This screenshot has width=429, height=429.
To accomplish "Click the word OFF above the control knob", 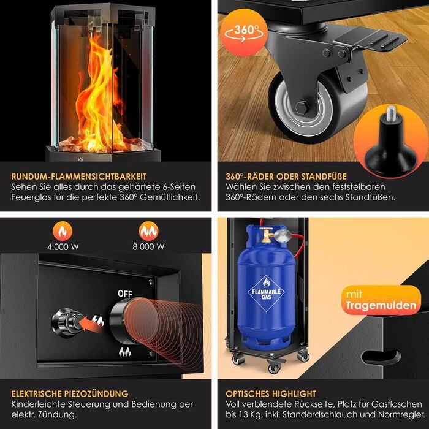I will coord(125,294).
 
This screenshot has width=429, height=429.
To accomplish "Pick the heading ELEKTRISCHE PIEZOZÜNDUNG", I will coord(70,393).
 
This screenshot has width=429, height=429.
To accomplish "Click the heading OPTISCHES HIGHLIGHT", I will coord(271,393).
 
